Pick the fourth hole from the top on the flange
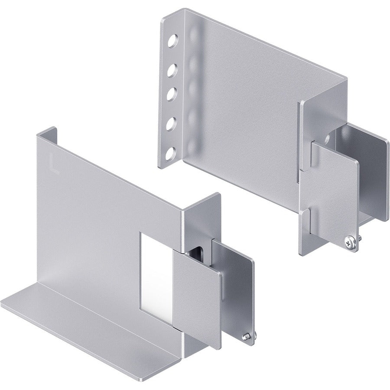tap(172, 123)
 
